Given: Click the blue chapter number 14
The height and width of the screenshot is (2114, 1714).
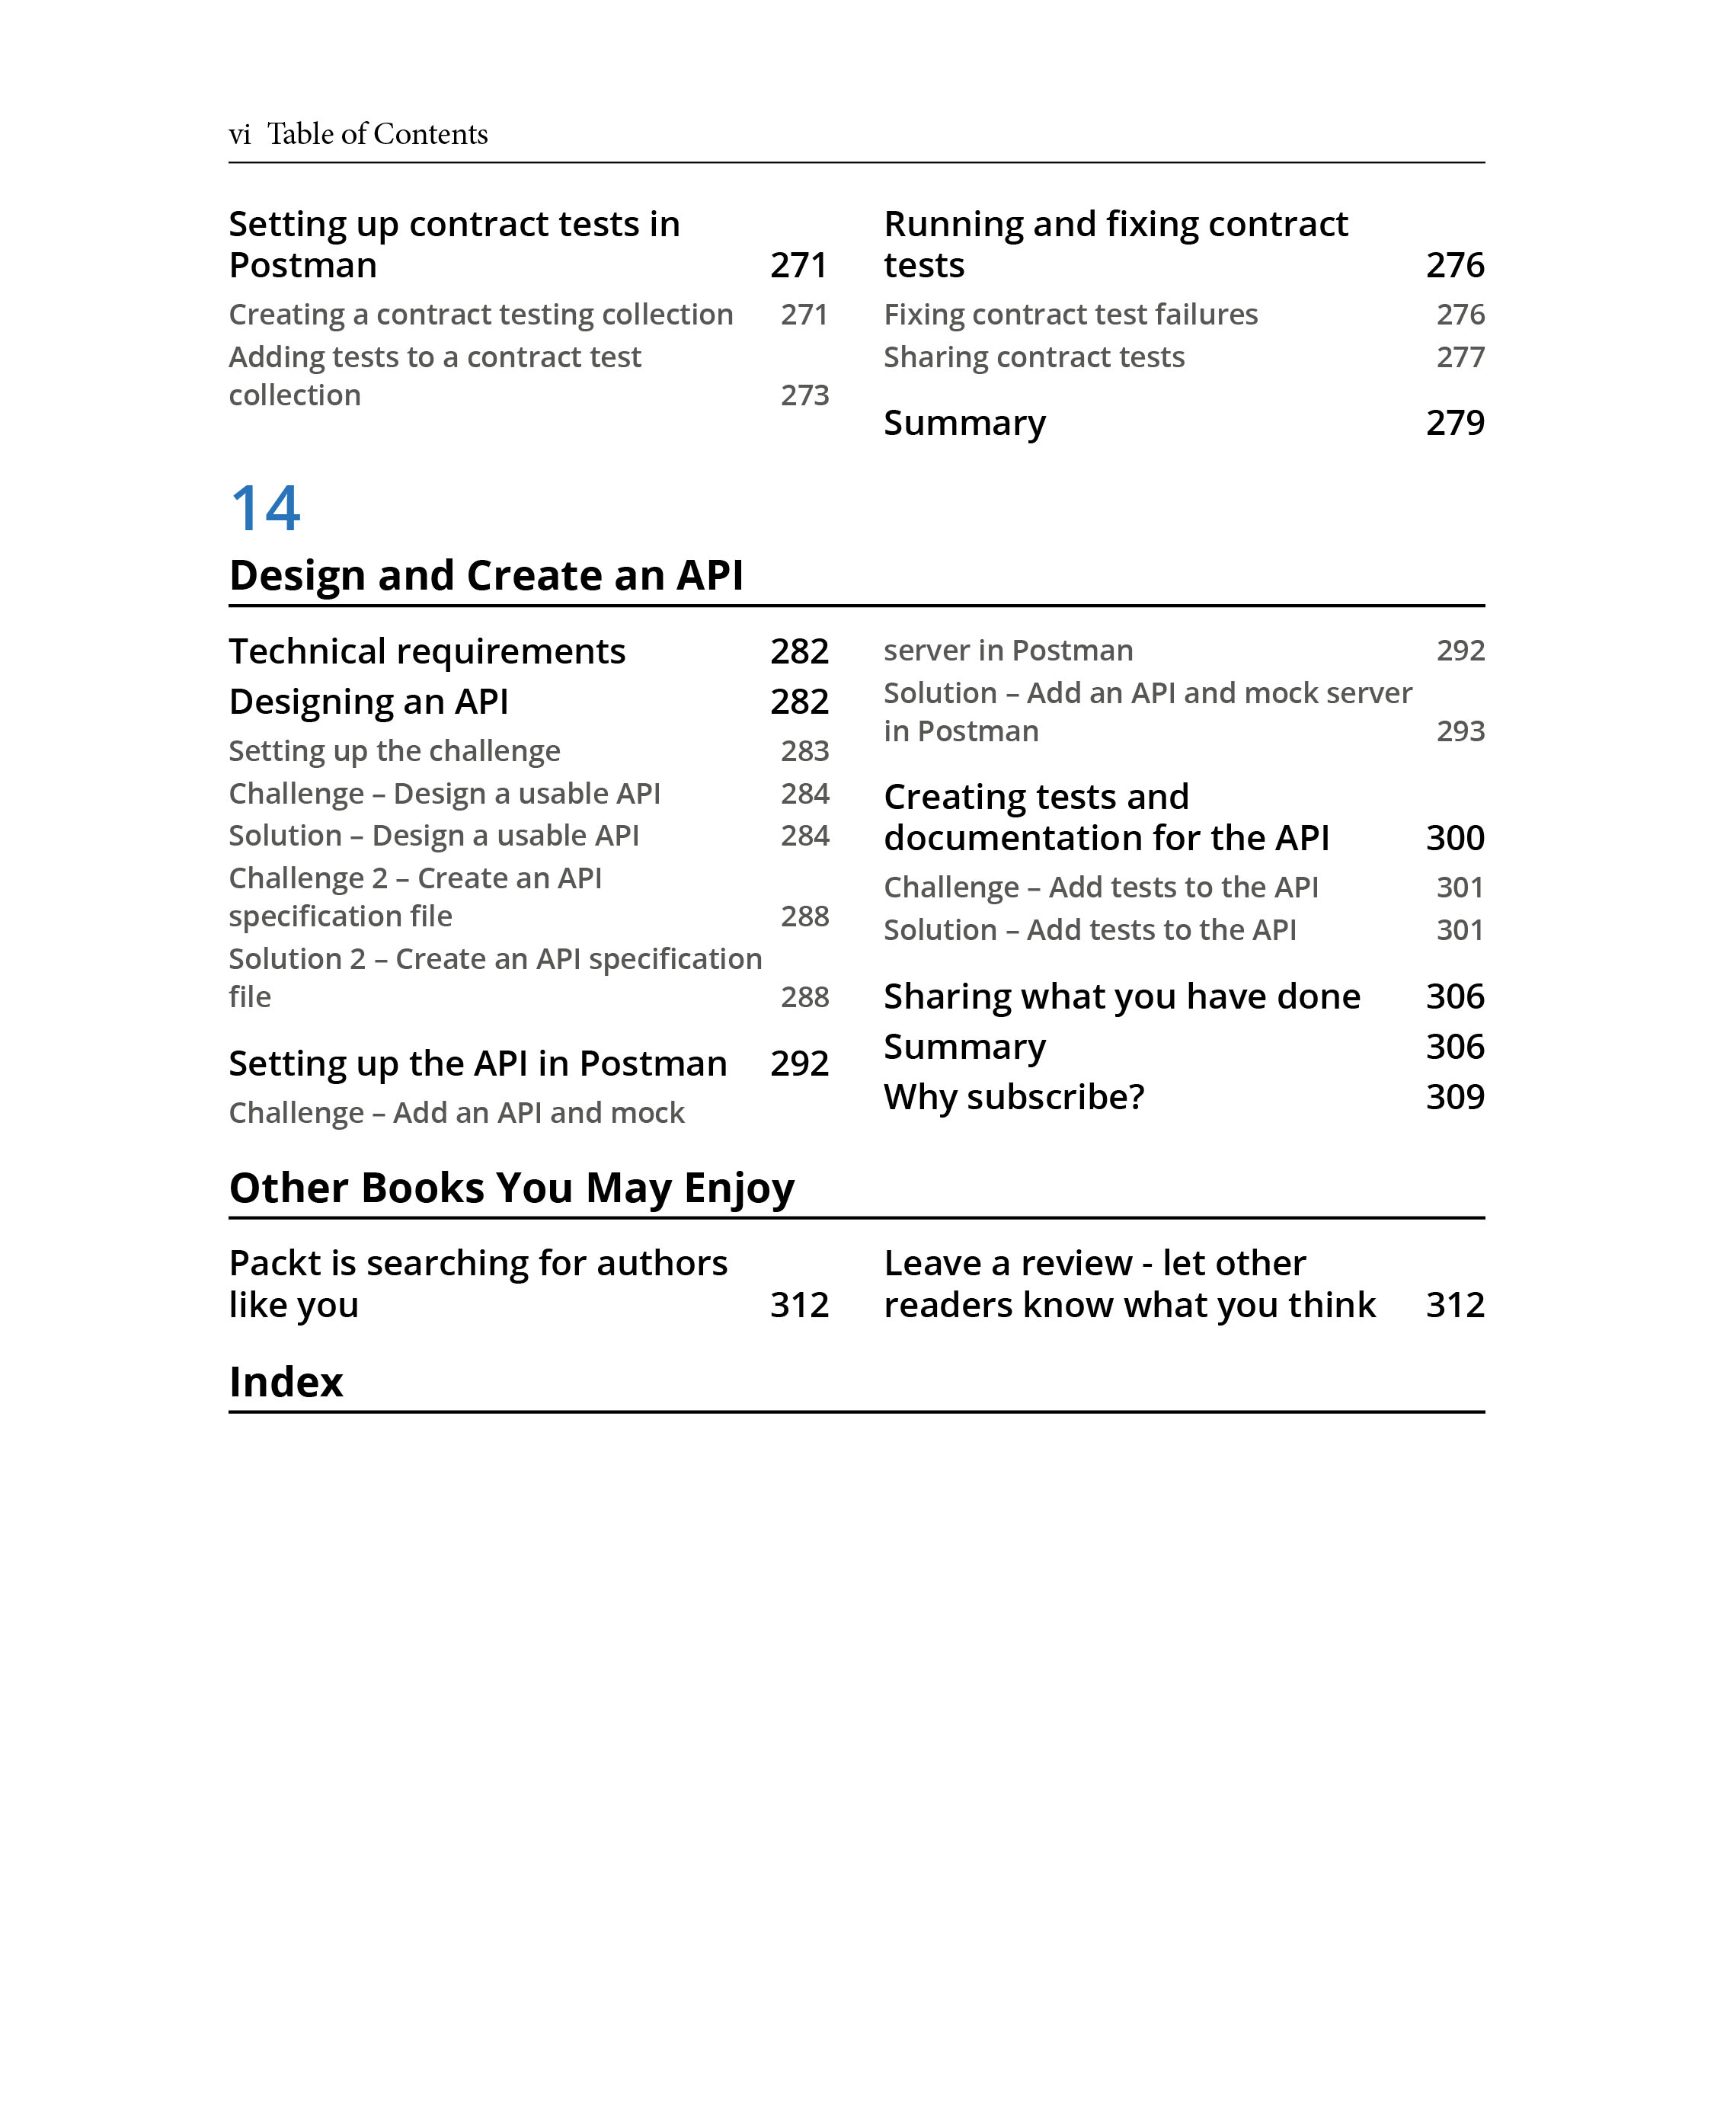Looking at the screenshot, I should coord(264,510).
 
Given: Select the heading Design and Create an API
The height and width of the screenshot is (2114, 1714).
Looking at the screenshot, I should coord(486,576).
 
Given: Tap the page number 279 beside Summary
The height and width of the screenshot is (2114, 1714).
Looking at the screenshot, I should coord(1454,423).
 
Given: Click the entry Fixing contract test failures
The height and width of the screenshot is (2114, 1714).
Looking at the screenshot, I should coord(1070,315).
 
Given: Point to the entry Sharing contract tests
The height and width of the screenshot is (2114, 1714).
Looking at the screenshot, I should coord(1034,357).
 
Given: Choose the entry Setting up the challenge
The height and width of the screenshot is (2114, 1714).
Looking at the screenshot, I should coord(394,751).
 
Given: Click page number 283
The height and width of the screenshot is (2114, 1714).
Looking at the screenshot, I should coord(804,751).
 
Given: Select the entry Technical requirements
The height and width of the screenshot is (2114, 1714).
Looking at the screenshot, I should coord(427,651).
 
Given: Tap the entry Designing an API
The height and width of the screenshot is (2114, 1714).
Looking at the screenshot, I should coord(368,702).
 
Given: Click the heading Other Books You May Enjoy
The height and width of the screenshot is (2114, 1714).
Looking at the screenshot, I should coord(511,1188).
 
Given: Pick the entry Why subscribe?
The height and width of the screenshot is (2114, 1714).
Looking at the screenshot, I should coord(1014,1097).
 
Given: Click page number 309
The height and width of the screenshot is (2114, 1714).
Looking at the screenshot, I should coord(1454,1097).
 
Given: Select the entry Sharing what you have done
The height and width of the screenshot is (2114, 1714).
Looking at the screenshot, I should coord(1121,997).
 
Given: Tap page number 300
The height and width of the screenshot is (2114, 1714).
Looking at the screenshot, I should coord(1454,838).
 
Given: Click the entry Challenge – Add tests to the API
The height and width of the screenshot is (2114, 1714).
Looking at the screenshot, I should coord(1101,887).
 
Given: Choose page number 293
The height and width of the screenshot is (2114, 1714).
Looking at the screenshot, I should coord(1460,731).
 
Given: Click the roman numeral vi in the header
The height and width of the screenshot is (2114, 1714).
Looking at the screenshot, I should coord(239,134).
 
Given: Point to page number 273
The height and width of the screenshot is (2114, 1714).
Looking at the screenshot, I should coord(804,396).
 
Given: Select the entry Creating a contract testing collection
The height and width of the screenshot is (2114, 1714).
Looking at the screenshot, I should coord(481,315).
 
